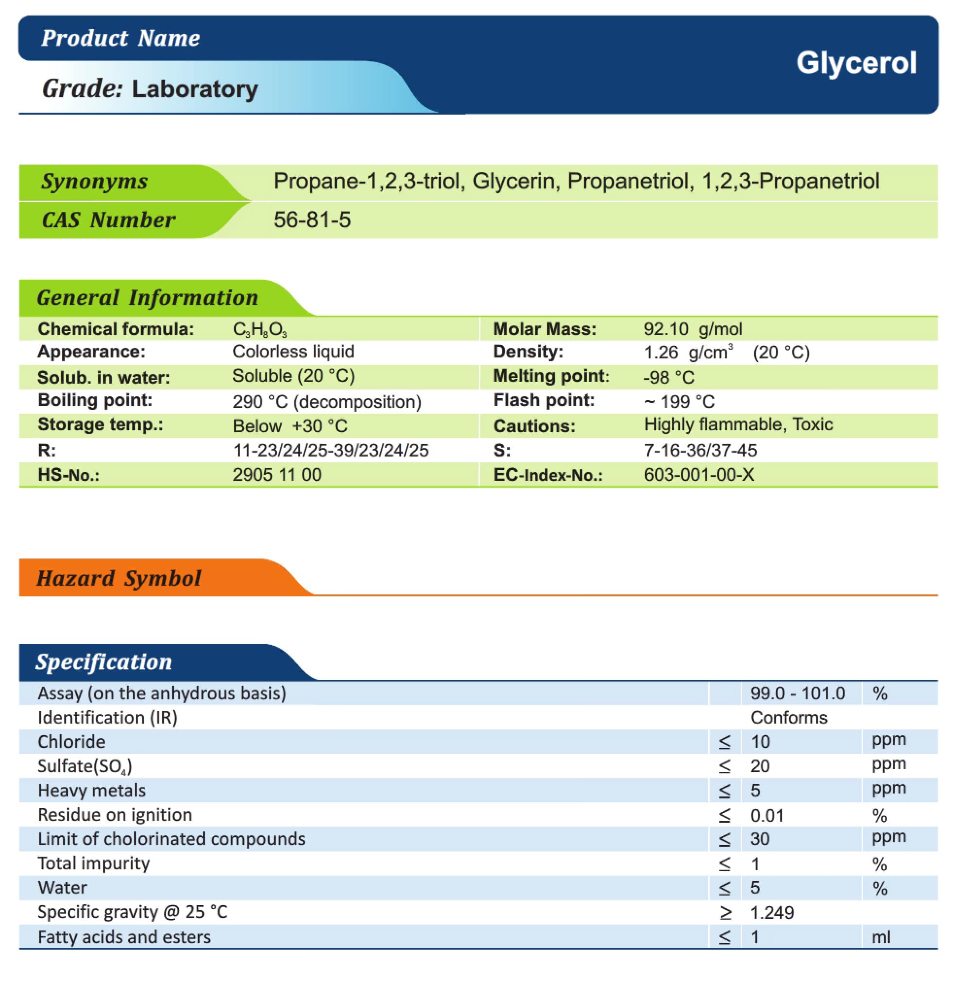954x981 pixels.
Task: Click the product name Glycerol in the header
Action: pos(856,63)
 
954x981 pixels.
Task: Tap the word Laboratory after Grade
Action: pos(195,89)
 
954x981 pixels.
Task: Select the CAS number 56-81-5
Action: pos(312,220)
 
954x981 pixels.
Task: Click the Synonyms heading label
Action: pos(94,181)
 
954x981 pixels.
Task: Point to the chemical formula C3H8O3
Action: pos(259,330)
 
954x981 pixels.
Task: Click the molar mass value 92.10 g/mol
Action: pos(693,329)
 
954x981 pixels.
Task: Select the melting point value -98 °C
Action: pos(668,377)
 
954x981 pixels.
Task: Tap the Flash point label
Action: pos(544,400)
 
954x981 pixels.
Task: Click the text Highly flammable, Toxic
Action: pos(738,424)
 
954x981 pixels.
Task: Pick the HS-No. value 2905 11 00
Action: pos(276,474)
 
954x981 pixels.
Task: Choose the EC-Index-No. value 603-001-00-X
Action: pos(698,474)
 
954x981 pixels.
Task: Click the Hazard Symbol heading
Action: pos(119,578)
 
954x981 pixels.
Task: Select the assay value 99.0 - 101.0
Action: pos(797,693)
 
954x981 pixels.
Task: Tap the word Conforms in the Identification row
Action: pos(788,717)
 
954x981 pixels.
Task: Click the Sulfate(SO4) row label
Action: pos(85,766)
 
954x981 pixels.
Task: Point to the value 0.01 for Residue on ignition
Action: pos(766,816)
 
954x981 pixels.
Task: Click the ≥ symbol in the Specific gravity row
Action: pos(725,913)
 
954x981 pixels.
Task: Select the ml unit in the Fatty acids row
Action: pos(880,937)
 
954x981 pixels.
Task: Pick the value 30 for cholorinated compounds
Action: pos(759,839)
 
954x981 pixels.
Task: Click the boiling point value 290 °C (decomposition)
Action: pos(327,402)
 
